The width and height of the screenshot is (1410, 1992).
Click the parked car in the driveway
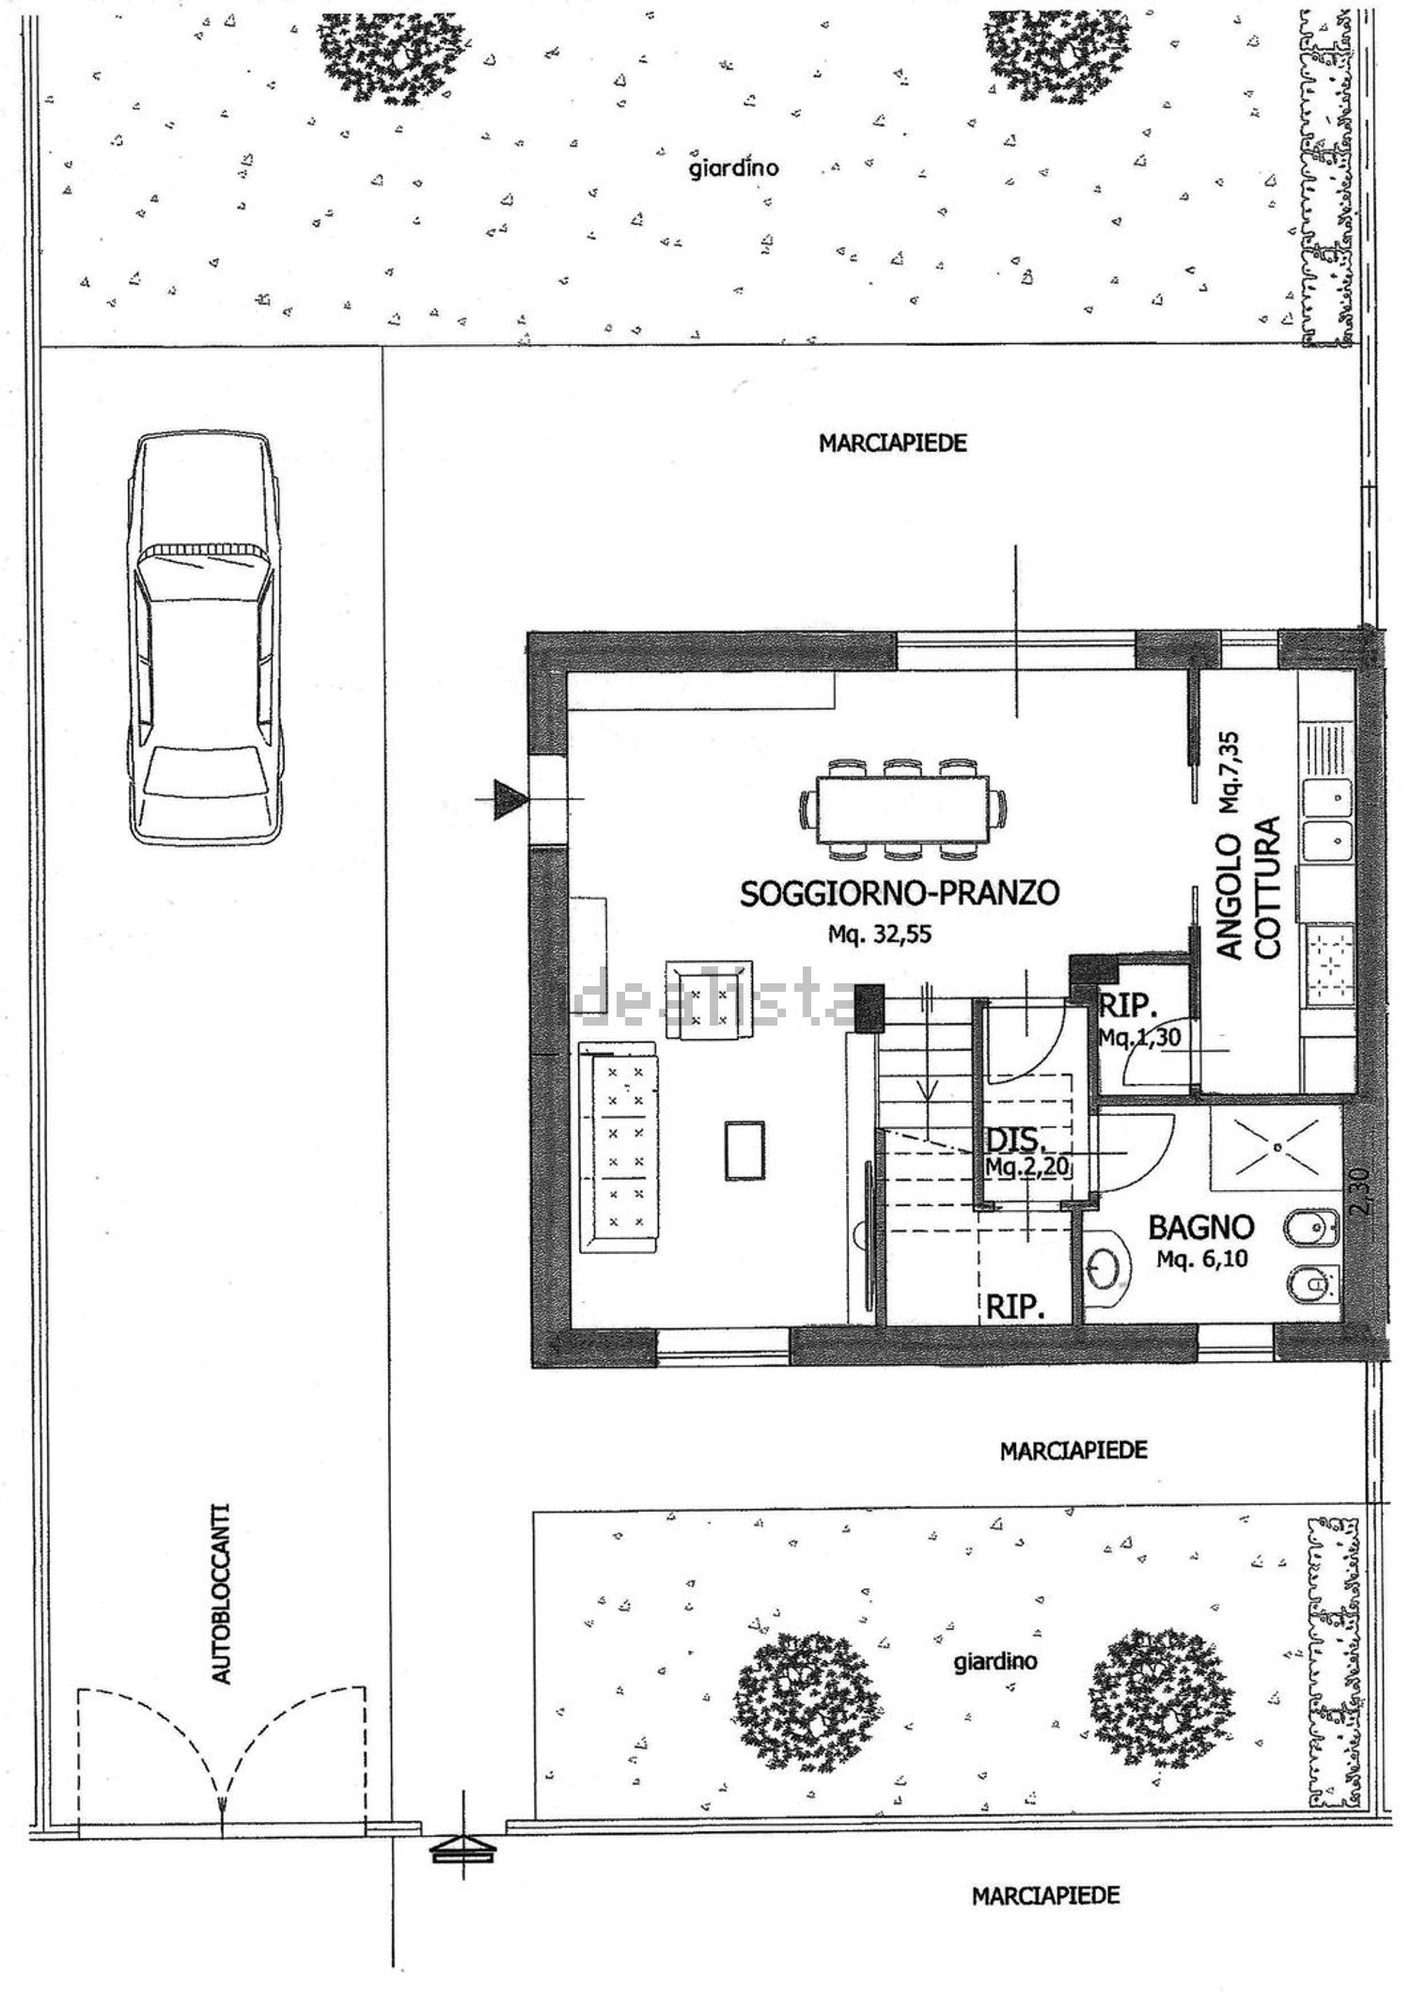tap(206, 639)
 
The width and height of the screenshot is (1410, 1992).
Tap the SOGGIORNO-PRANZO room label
tap(900, 892)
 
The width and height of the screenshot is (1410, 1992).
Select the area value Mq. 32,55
tap(879, 934)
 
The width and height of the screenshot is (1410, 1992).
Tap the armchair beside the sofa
tap(709, 999)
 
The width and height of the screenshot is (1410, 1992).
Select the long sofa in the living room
tap(619, 1148)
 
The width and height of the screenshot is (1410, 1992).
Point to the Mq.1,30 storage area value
tap(1139, 1037)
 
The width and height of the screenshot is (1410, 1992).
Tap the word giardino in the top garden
tap(734, 168)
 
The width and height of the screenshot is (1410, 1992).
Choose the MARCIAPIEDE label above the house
tap(892, 443)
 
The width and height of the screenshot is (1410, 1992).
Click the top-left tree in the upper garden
tap(391, 56)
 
